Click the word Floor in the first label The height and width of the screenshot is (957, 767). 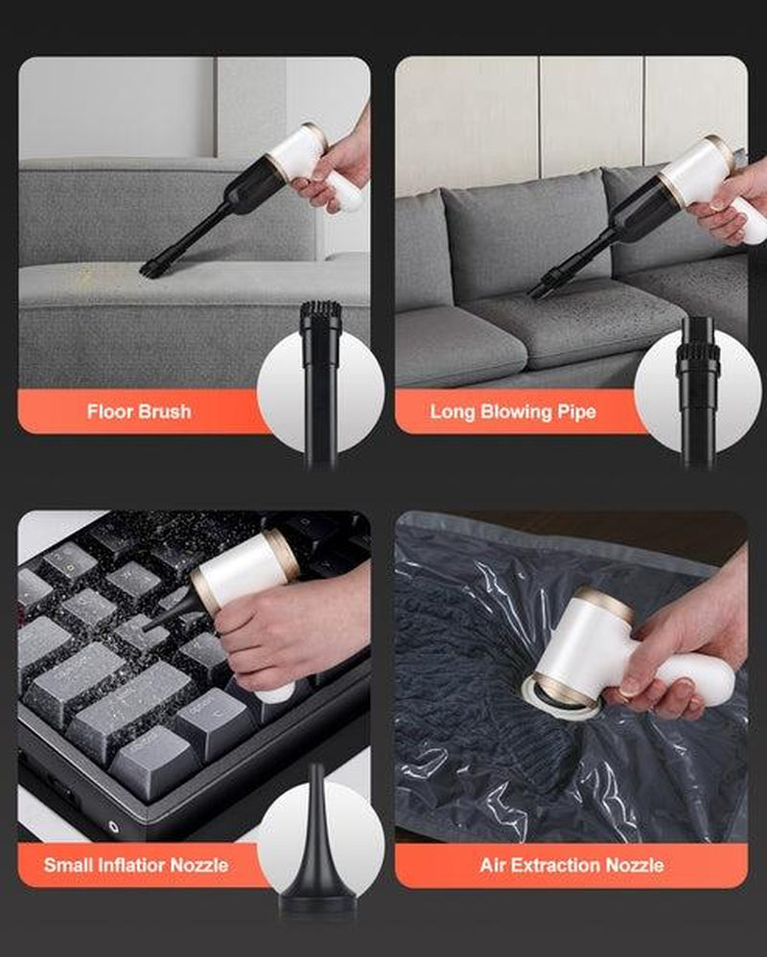[110, 411]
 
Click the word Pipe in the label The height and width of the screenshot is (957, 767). [576, 412]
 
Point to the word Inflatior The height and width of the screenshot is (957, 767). [131, 865]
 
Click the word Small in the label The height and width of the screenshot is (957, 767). [68, 865]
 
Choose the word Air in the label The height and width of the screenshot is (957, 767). [492, 865]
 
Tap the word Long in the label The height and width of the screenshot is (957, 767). [453, 412]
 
